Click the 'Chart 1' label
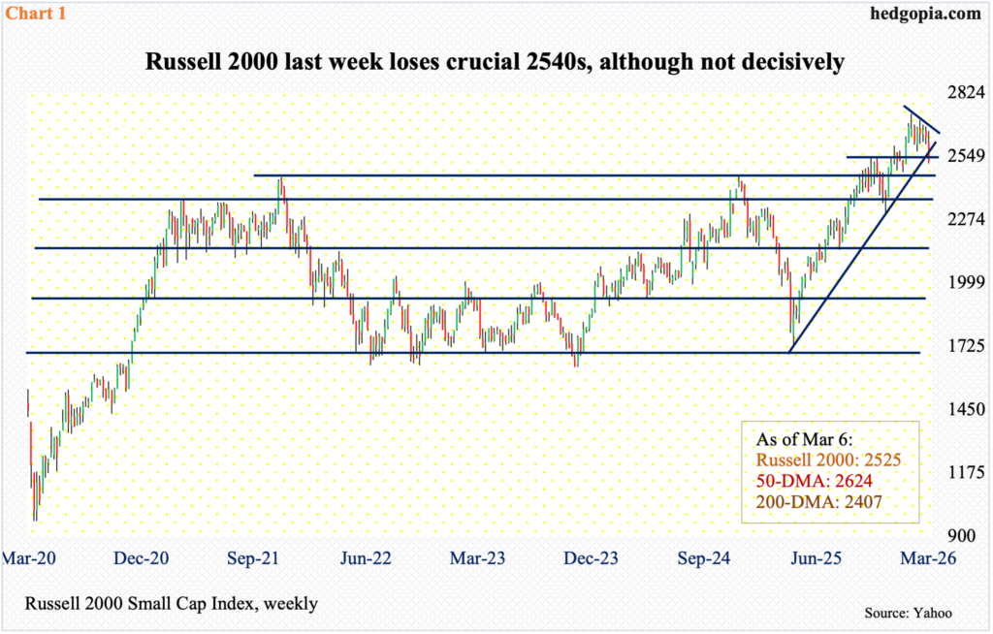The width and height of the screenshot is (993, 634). click(33, 14)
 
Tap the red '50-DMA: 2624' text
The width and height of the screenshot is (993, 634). click(806, 479)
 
